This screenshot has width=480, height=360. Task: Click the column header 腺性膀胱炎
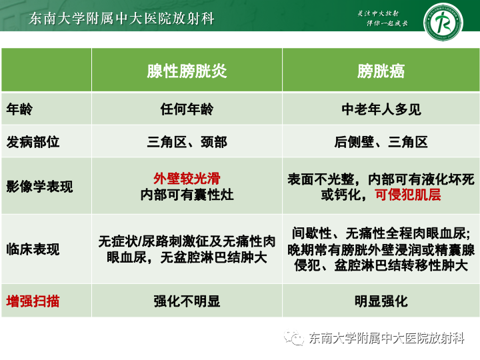tap(187, 71)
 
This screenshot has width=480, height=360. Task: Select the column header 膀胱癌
tap(381, 71)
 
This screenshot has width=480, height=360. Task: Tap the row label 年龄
tap(19, 109)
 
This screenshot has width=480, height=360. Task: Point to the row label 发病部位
tap(33, 142)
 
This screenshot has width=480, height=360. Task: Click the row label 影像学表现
tap(39, 187)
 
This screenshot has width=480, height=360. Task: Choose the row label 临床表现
tap(33, 249)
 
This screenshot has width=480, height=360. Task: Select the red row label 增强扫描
tap(33, 301)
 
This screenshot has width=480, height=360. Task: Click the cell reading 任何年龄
tap(187, 109)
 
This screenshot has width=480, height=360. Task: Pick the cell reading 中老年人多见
tap(381, 109)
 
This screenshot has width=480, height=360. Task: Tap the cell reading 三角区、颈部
tap(187, 142)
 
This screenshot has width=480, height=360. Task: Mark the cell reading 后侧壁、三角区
tap(381, 142)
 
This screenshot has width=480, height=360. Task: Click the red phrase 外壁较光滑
tap(187, 179)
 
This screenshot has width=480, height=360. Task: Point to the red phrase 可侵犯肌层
tap(407, 195)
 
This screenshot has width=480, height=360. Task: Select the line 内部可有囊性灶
tap(187, 195)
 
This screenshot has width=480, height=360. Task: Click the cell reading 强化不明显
tap(187, 301)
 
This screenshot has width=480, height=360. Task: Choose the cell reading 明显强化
tap(381, 301)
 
